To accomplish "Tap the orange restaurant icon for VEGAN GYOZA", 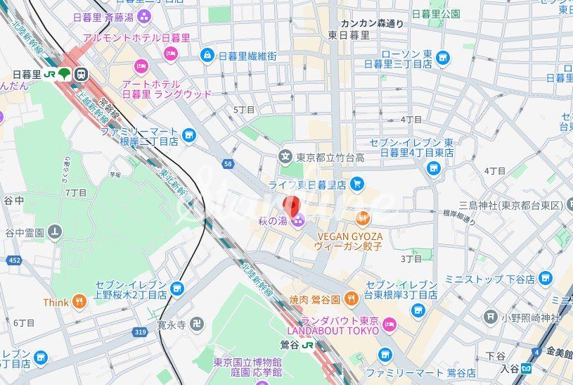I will [363, 217].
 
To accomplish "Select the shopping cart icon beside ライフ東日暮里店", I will [356, 184].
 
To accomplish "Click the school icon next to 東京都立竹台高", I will [285, 156].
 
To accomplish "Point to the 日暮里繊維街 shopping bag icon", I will [207, 55].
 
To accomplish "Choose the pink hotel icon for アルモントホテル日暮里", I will [169, 53].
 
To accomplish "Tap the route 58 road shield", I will [227, 164].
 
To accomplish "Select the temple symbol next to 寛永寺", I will [198, 325].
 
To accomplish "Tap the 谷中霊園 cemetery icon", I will [55, 232].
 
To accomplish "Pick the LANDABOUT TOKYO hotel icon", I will [389, 324].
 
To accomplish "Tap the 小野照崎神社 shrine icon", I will [491, 317].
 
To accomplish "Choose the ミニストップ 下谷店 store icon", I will [545, 279].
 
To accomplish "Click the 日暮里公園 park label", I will [436, 13].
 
